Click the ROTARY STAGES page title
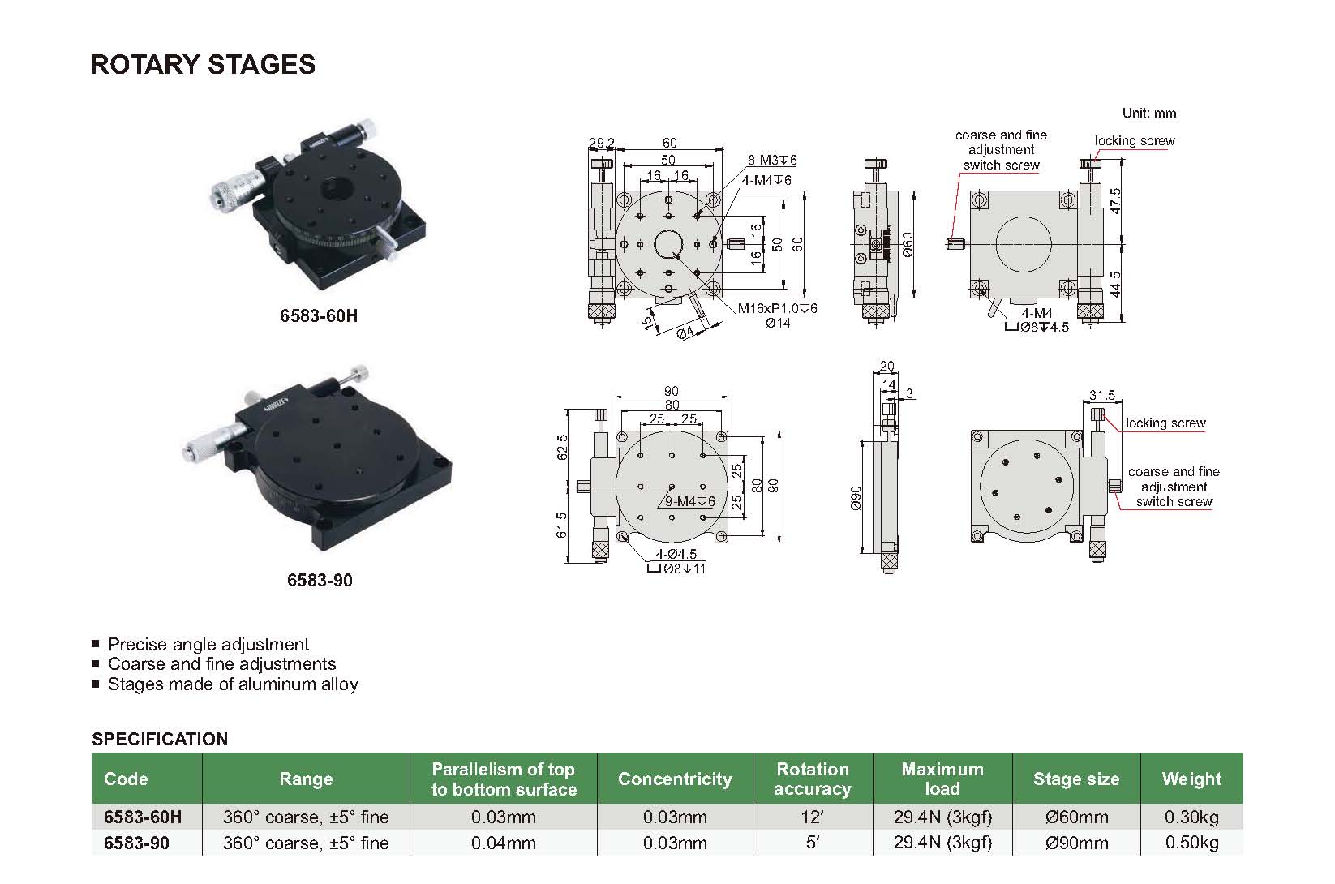[203, 64]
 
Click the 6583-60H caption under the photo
[319, 316]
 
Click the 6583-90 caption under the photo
[320, 581]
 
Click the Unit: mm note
[1148, 113]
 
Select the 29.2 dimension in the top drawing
[601, 144]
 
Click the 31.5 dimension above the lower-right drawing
[1102, 395]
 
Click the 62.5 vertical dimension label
[562, 447]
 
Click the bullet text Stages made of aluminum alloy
[233, 684]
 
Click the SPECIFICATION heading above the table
[160, 739]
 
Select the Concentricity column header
[674, 779]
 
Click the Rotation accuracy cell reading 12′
[812, 817]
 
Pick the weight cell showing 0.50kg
[1191, 843]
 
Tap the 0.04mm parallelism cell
[503, 843]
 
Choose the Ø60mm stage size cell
[1075, 817]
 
